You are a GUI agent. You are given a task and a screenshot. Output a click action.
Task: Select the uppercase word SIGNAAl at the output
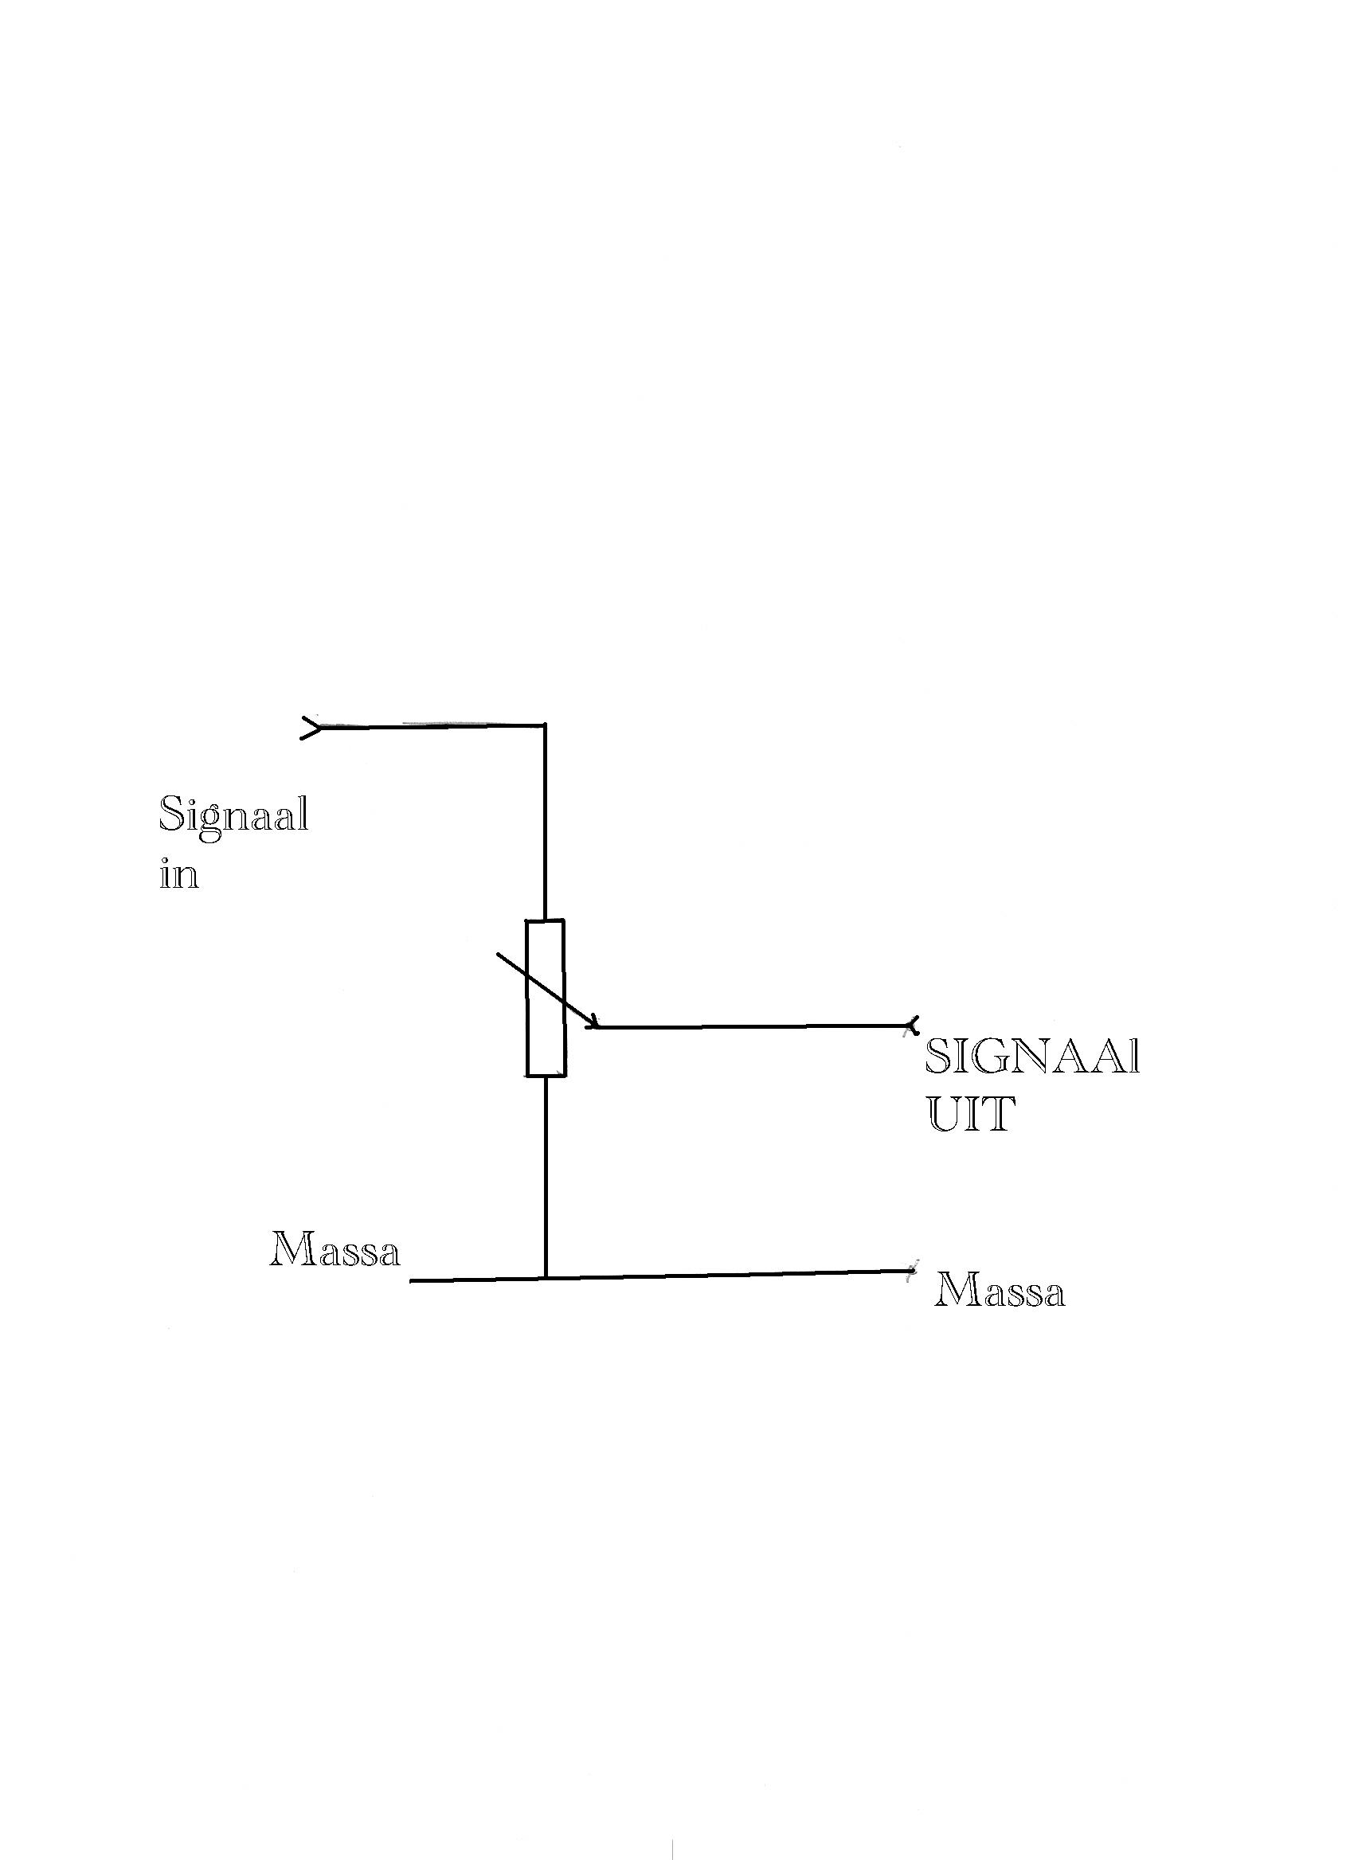1032,1057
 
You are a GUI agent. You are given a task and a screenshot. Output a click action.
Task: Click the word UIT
971,1114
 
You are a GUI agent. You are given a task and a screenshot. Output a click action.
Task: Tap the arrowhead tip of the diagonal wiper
597,1027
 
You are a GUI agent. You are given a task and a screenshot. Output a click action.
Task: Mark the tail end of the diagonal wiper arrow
497,953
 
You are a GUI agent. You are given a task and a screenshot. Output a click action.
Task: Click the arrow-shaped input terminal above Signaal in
312,727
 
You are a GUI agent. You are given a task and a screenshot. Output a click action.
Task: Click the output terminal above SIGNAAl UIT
911,1025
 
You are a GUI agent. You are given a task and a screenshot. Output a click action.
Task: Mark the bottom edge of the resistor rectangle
546,1074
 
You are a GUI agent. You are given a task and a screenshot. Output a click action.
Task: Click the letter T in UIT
999,1114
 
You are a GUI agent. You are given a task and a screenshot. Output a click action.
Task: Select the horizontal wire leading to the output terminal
753,1026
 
